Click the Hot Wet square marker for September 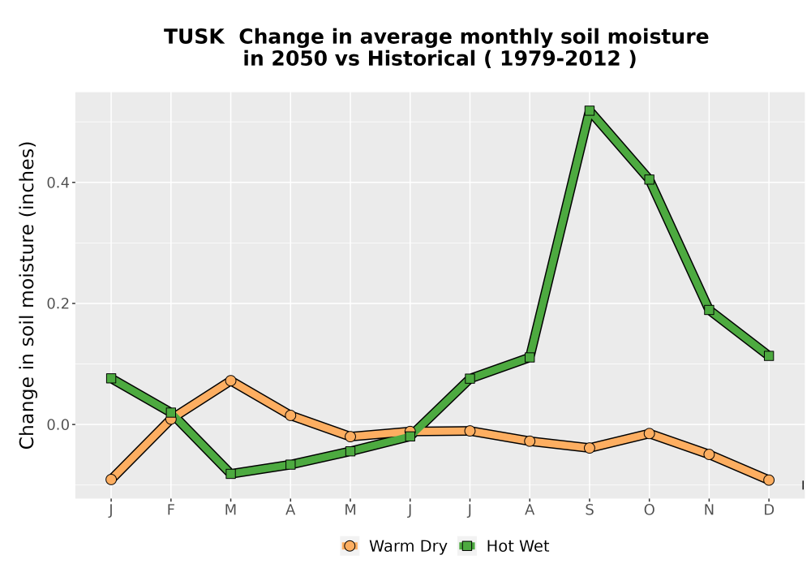click(589, 110)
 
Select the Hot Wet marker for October click(649, 179)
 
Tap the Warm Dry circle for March click(230, 381)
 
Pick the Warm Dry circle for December click(769, 480)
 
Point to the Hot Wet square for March click(230, 473)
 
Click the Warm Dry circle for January click(110, 480)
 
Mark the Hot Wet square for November click(709, 310)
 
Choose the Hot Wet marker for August click(530, 358)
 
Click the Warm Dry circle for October click(649, 433)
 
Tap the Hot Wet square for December click(769, 356)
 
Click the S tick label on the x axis click(589, 510)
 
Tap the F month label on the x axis click(170, 510)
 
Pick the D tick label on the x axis click(769, 510)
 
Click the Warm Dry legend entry click(394, 546)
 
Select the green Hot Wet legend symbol click(468, 546)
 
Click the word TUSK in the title click(194, 37)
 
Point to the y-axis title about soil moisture click(27, 295)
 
